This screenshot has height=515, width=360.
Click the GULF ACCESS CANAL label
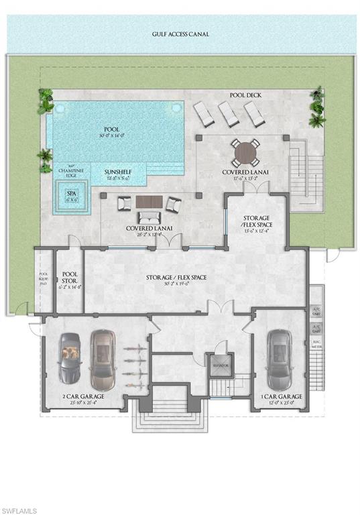click(179, 34)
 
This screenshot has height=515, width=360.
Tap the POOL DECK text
click(245, 95)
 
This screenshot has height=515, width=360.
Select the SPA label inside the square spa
click(70, 194)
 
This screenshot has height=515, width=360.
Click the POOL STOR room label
click(70, 278)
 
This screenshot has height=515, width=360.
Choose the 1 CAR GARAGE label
click(281, 396)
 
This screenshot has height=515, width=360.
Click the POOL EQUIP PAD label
click(44, 278)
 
